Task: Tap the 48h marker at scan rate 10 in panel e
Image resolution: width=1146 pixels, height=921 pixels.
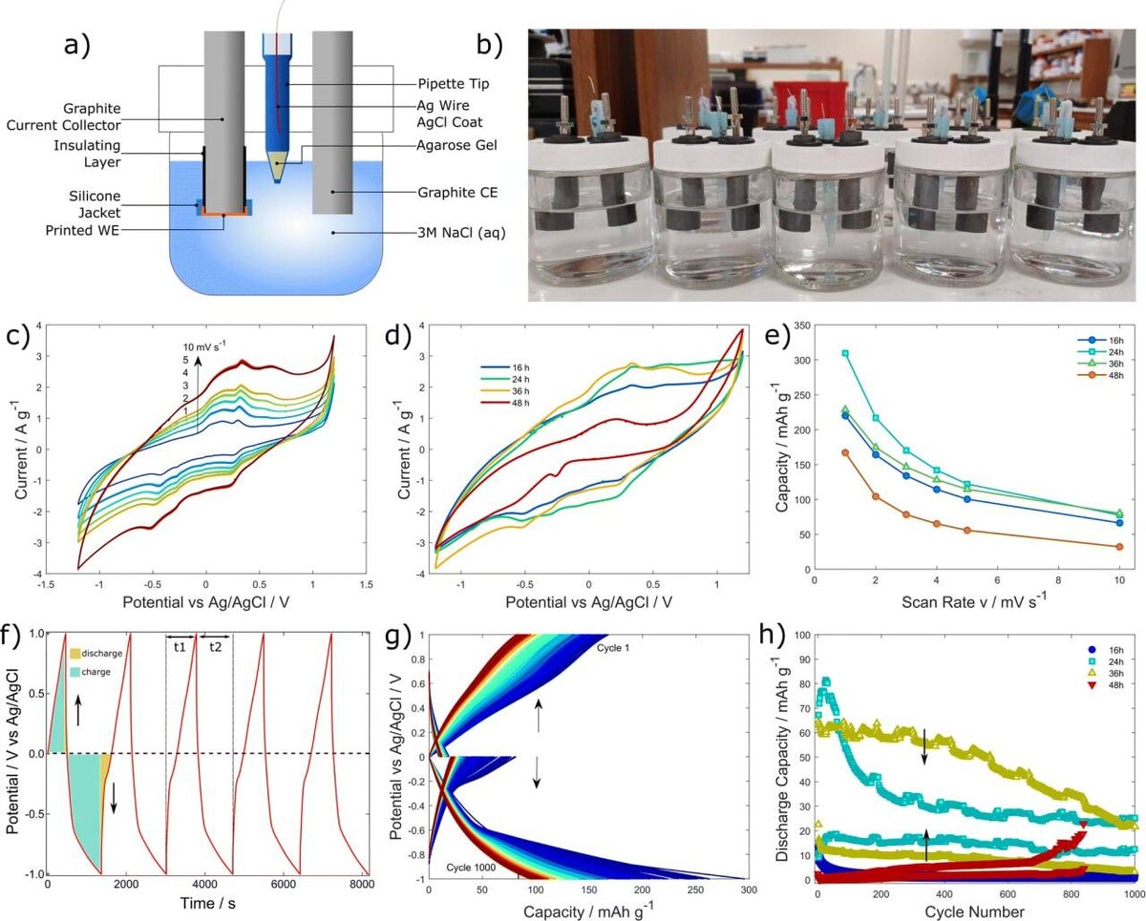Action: tap(1119, 547)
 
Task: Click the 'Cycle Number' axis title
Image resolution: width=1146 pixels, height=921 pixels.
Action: tap(975, 912)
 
